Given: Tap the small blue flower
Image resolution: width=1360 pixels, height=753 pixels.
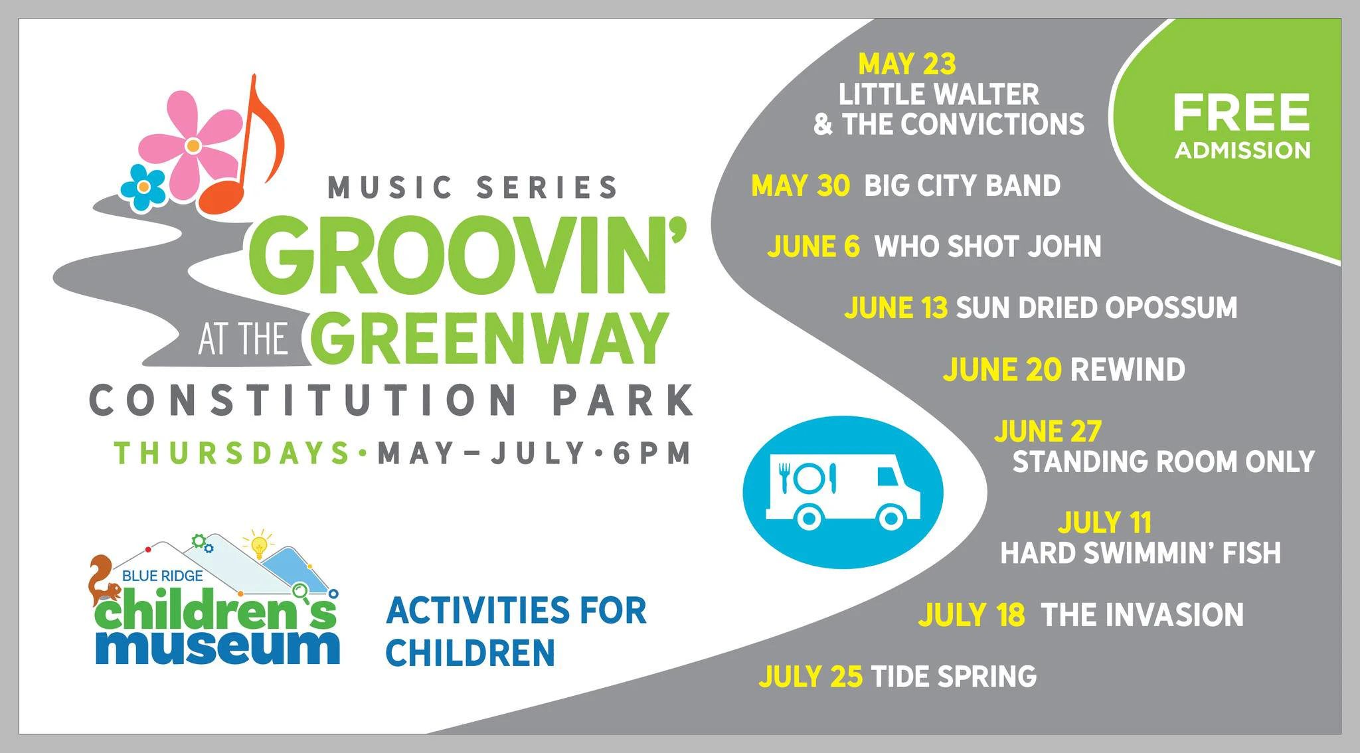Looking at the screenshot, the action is (x=143, y=187).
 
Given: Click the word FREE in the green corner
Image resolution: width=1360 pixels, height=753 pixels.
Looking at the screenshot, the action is (x=1241, y=112).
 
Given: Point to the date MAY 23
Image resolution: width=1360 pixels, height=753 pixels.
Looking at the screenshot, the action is (x=907, y=64).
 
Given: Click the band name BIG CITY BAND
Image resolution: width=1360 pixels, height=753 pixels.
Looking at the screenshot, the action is (x=962, y=186).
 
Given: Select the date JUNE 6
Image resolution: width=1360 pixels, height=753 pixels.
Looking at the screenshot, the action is (x=813, y=247).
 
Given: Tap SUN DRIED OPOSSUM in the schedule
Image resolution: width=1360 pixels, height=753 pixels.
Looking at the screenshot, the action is (x=1096, y=308).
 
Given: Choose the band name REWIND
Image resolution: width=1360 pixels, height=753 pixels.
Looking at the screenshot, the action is (x=1128, y=370).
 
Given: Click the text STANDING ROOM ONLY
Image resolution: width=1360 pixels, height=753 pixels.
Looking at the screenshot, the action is (x=1163, y=462).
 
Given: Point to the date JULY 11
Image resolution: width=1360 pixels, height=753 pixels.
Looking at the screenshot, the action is (x=1104, y=523).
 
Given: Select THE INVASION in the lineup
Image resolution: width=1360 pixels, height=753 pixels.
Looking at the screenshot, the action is (x=1142, y=615).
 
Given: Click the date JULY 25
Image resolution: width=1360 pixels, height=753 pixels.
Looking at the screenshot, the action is (x=811, y=677).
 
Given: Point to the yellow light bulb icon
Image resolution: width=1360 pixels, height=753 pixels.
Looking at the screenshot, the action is (x=260, y=545).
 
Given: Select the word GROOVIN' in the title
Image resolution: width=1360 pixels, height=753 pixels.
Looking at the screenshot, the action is (x=467, y=255).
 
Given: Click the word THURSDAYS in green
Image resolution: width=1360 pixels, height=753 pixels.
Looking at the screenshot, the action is (x=232, y=454).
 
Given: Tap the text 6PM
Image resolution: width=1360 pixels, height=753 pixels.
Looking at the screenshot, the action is (x=651, y=454).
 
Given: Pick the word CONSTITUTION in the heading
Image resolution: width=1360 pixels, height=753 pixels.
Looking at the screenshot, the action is (x=303, y=400).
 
